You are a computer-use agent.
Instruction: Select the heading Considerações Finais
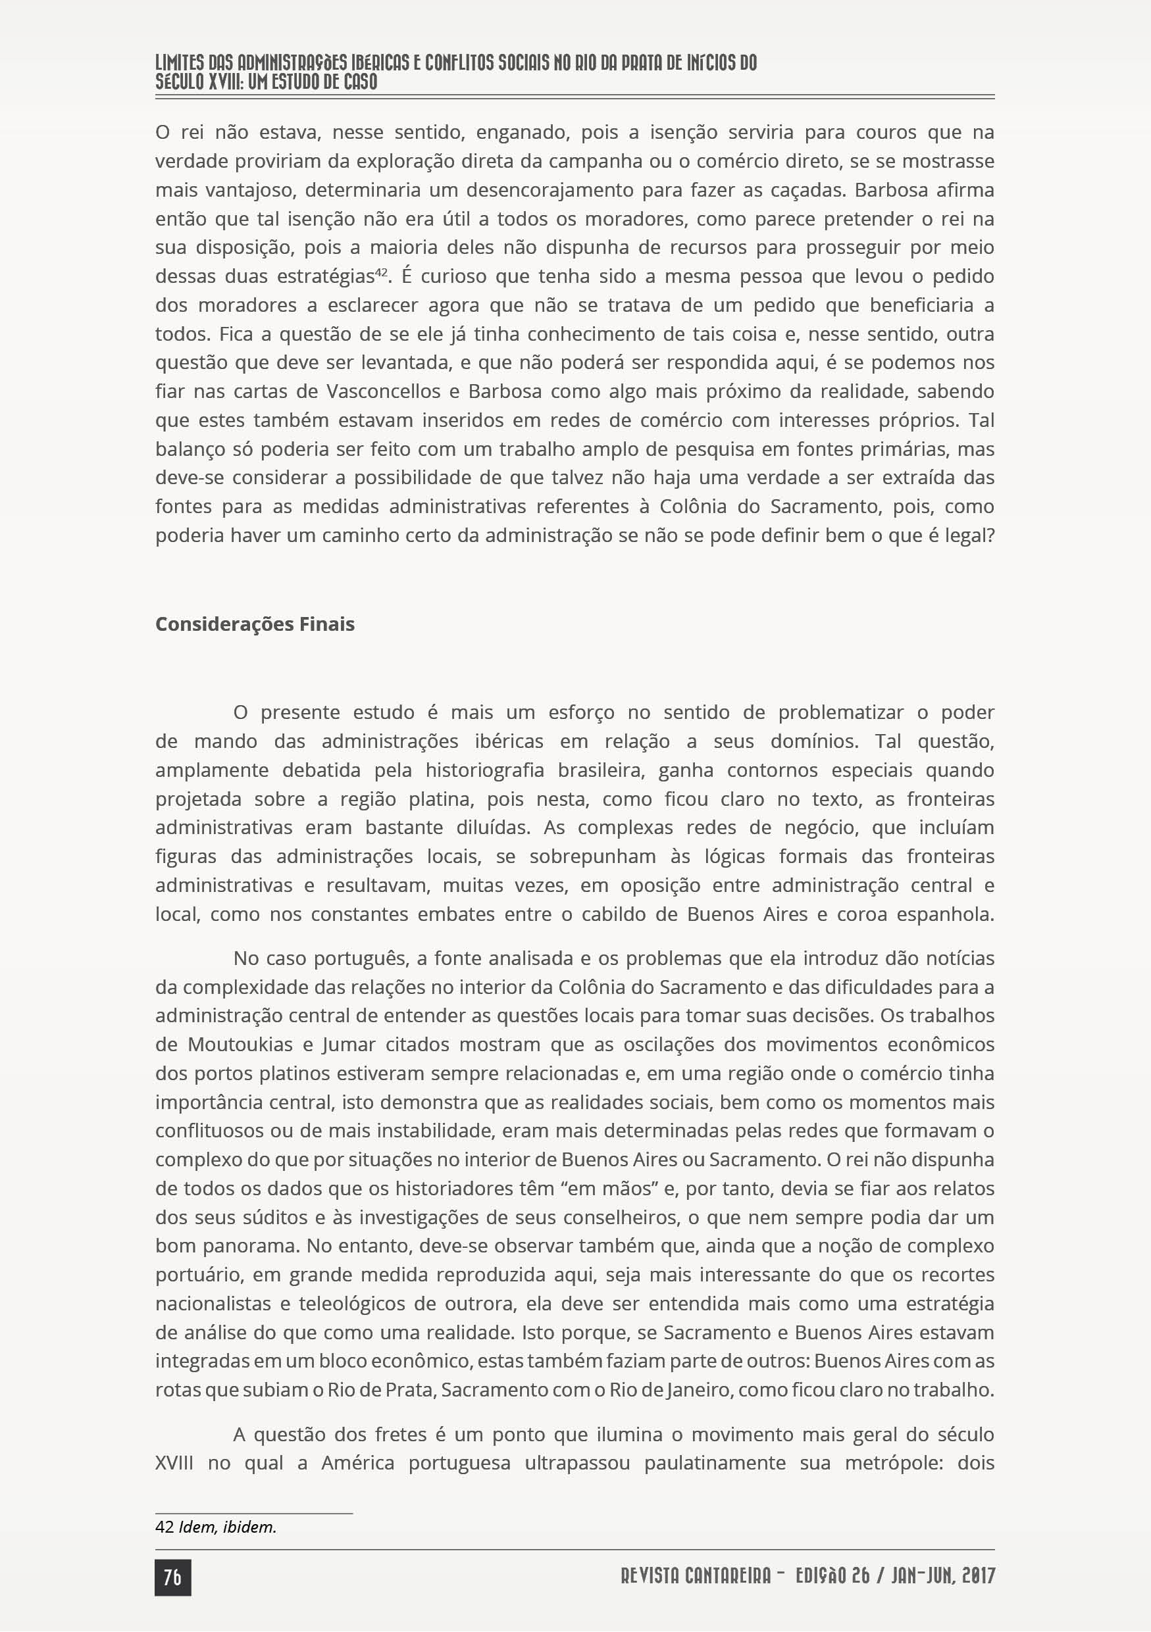pyautogui.click(x=255, y=624)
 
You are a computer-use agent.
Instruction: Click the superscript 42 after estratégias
pyautogui.click(x=381, y=271)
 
